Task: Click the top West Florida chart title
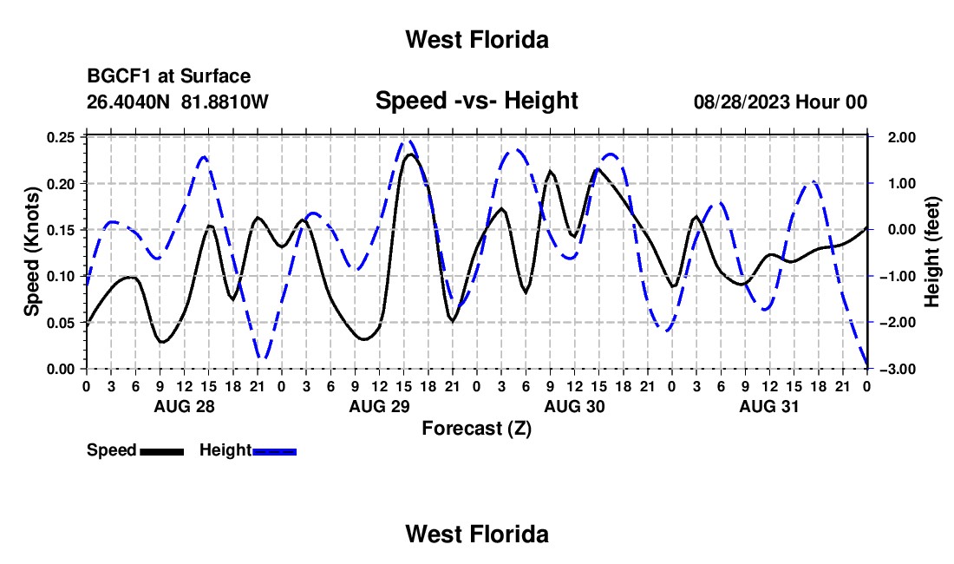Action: pyautogui.click(x=477, y=40)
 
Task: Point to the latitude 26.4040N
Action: pyautogui.click(x=127, y=102)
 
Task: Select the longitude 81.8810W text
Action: pyautogui.click(x=225, y=102)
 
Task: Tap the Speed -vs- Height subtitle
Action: pyautogui.click(x=476, y=101)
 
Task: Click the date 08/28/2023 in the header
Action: pyautogui.click(x=742, y=102)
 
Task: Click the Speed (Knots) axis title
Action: pyautogui.click(x=31, y=252)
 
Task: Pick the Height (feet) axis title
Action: pyautogui.click(x=931, y=252)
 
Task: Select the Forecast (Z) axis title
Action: pyautogui.click(x=476, y=429)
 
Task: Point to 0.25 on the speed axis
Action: pyautogui.click(x=60, y=137)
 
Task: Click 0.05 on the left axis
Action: pyautogui.click(x=60, y=323)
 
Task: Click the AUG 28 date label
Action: pyautogui.click(x=185, y=407)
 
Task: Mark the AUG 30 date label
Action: pyautogui.click(x=574, y=407)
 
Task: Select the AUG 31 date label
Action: pyautogui.click(x=769, y=407)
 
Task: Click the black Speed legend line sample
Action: pyautogui.click(x=162, y=451)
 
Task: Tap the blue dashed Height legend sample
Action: pyautogui.click(x=274, y=451)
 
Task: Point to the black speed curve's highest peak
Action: pyautogui.click(x=411, y=154)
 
